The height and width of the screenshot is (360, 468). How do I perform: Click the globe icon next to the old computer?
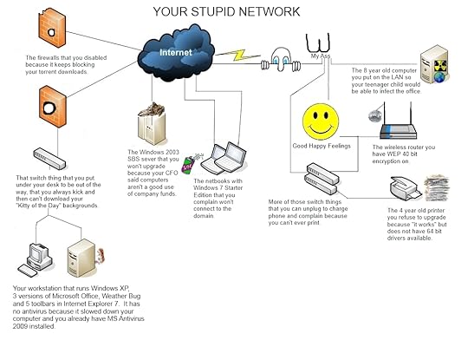click(441, 76)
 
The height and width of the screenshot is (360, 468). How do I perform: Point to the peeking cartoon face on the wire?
click(281, 57)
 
